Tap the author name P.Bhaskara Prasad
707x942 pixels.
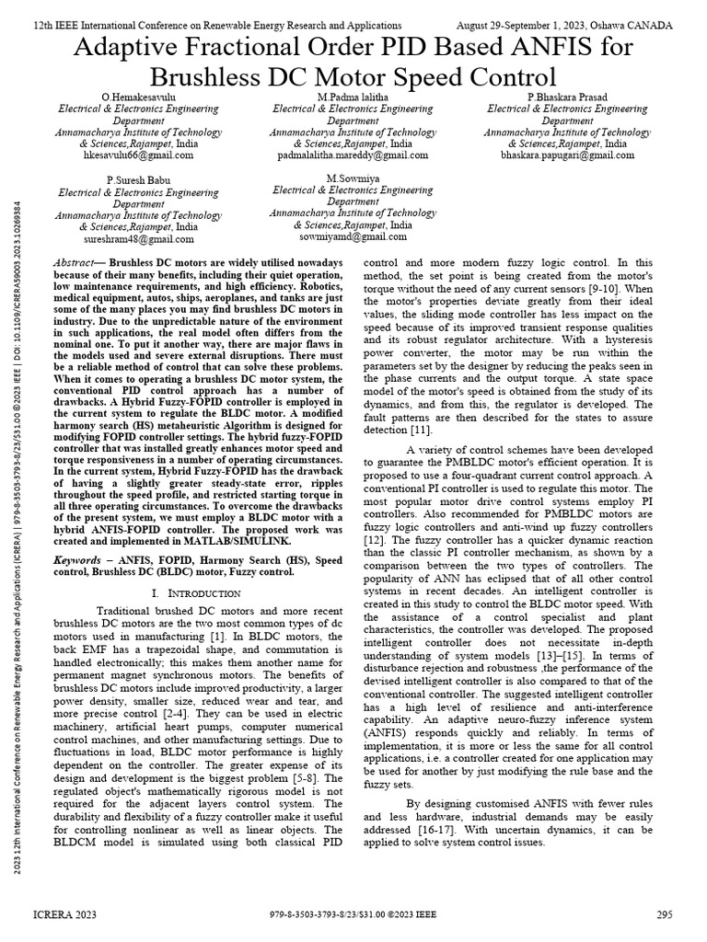click(x=568, y=97)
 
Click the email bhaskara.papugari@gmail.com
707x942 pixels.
click(x=568, y=156)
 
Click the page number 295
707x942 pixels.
click(x=664, y=914)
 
